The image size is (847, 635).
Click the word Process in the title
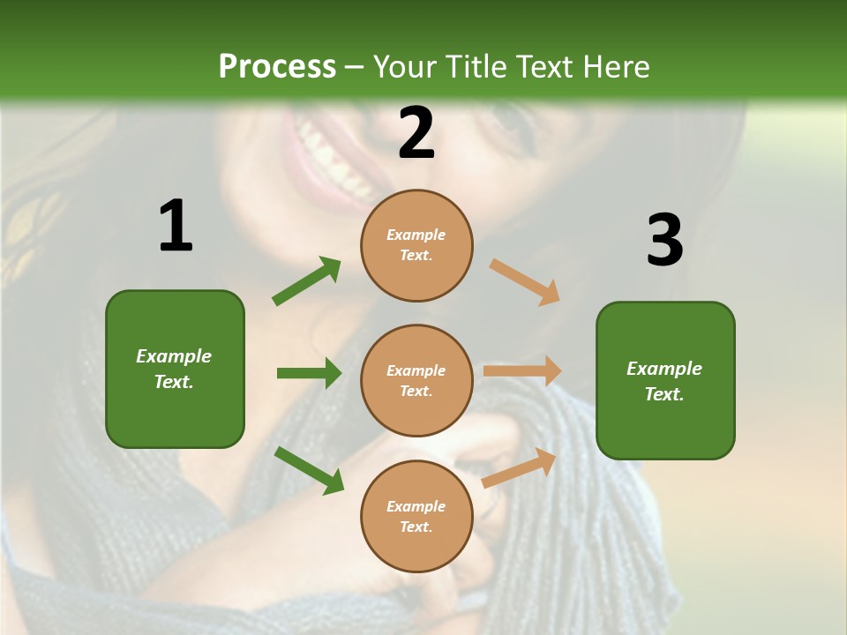click(x=277, y=67)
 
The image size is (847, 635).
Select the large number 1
click(x=176, y=226)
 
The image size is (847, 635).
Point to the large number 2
click(x=416, y=133)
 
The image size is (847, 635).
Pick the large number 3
click(x=664, y=240)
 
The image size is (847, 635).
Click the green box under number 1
click(x=175, y=369)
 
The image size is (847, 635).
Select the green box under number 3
click(x=665, y=380)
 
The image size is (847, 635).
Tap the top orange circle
click(x=416, y=245)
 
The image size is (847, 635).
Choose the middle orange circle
click(x=416, y=380)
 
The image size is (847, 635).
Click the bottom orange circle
click(x=416, y=516)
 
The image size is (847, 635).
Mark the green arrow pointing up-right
click(x=307, y=280)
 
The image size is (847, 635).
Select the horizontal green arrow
click(x=309, y=373)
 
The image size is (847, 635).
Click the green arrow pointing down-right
click(x=309, y=470)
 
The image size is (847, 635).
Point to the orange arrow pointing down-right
click(x=525, y=281)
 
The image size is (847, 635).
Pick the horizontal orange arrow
click(x=522, y=371)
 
